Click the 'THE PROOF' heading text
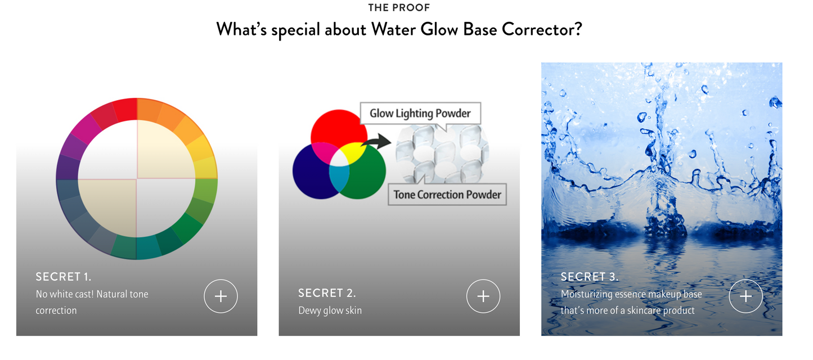[x=399, y=8]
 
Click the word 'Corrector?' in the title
[x=542, y=29]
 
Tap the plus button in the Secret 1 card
[x=221, y=296]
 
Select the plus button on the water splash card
[x=745, y=296]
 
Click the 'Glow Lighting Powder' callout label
[x=420, y=113]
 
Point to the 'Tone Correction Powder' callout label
[x=447, y=195]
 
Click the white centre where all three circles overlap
[x=339, y=158]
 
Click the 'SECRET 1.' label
[x=63, y=277]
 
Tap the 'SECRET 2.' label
[x=327, y=293]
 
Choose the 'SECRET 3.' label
[x=590, y=277]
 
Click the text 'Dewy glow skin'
[x=330, y=310]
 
